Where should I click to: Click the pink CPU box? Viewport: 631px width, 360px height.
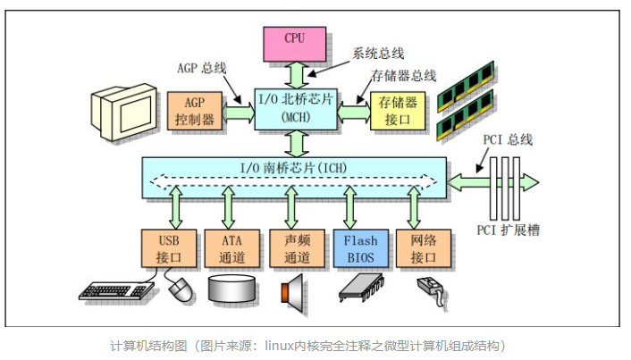point(294,40)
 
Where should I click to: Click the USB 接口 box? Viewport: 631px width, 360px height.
point(167,247)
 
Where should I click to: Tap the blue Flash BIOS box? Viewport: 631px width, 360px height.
point(360,247)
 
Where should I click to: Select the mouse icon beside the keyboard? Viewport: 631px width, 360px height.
point(181,288)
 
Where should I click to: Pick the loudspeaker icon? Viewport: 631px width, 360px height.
point(295,289)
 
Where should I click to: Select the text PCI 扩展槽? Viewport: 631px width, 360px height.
point(505,230)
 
